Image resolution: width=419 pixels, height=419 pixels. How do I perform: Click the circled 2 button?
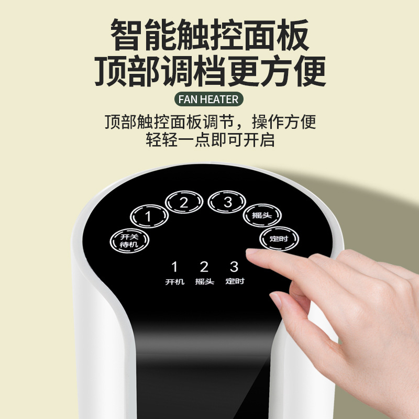(184, 203)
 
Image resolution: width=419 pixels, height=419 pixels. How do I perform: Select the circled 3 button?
(227, 202)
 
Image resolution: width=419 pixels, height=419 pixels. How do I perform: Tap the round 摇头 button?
(262, 214)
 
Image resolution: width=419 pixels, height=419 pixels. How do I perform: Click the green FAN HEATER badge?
(208, 99)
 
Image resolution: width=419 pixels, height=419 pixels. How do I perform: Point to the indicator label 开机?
(175, 282)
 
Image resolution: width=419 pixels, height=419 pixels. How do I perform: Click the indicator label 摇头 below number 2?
(204, 282)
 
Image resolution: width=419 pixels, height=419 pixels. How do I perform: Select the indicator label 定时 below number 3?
(235, 282)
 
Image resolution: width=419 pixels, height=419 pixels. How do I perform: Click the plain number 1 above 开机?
(175, 268)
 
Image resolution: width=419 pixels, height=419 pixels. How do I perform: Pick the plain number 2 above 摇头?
(204, 267)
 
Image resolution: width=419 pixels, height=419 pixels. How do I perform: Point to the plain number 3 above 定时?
(234, 267)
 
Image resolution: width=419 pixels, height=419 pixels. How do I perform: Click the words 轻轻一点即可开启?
(210, 140)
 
